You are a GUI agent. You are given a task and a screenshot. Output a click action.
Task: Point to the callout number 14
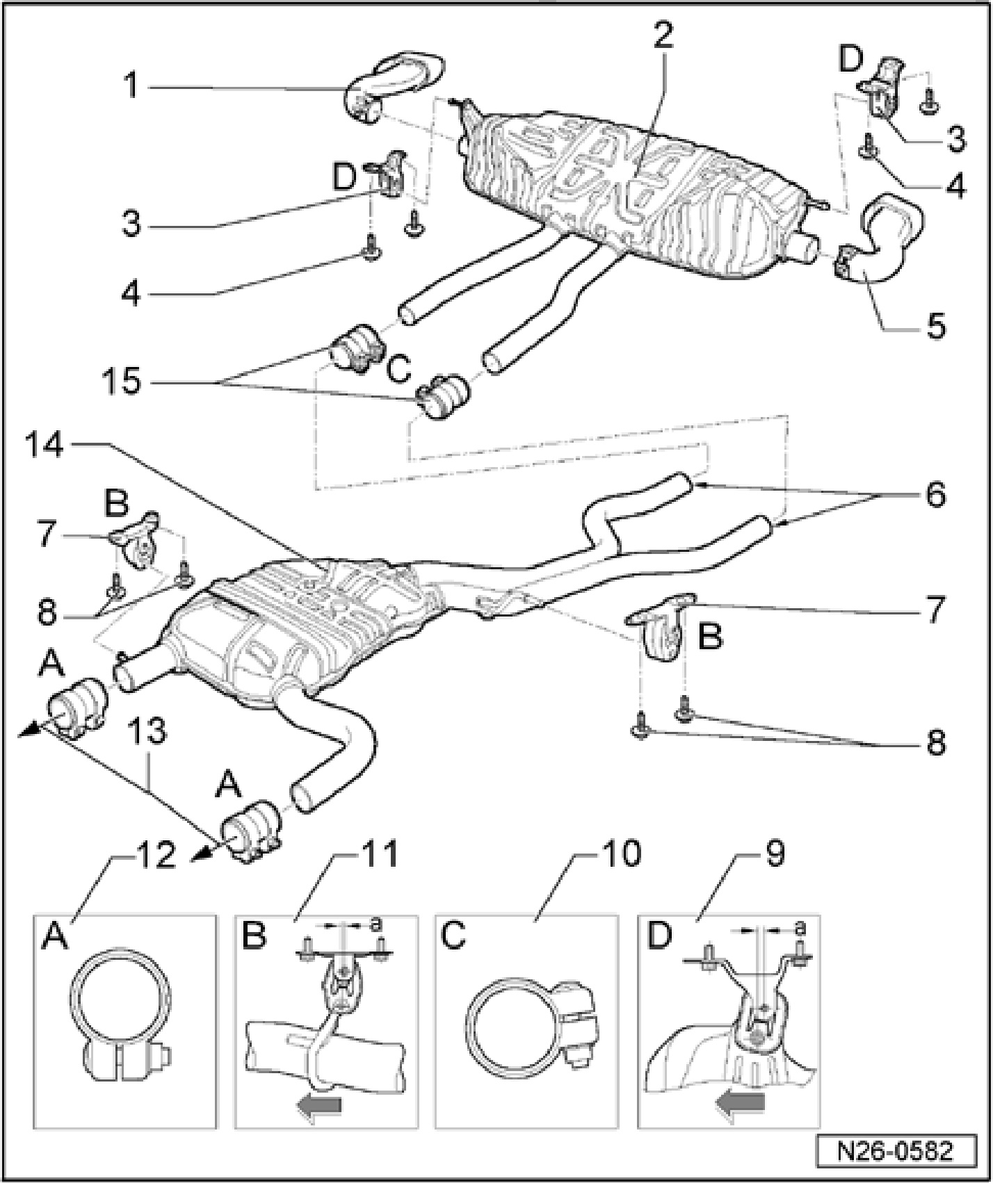pyautogui.click(x=55, y=443)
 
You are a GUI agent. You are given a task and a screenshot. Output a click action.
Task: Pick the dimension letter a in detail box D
pyautogui.click(x=800, y=927)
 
